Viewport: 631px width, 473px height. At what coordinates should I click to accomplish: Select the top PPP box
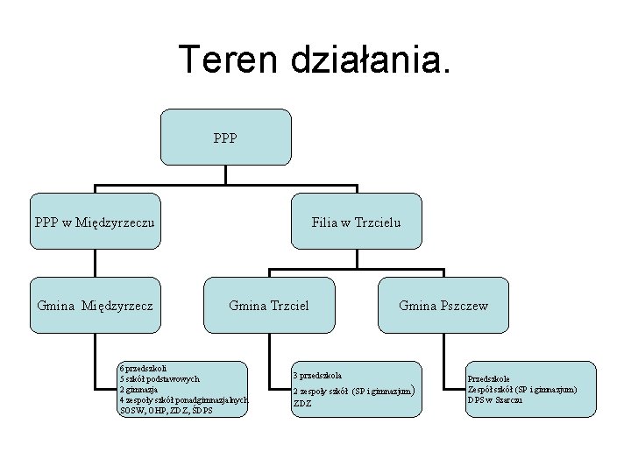[x=226, y=138]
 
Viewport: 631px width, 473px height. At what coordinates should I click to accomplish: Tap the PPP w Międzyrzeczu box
[x=95, y=222]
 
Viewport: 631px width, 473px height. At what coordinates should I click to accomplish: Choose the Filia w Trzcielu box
[x=357, y=222]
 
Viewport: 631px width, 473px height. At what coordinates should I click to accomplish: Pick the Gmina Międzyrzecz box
[x=95, y=306]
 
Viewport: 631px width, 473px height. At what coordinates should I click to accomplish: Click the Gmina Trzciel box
[x=268, y=306]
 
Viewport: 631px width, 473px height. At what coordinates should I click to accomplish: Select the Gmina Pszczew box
[x=443, y=306]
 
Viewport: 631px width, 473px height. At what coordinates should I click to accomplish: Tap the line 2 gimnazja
[x=138, y=389]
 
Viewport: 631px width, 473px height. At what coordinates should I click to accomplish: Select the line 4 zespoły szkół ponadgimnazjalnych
[x=183, y=399]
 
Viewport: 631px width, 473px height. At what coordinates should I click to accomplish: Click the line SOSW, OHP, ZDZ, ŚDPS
[x=166, y=410]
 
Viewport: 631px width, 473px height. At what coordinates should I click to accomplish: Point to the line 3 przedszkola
[x=317, y=375]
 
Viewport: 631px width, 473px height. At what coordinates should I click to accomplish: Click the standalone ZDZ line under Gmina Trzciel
[x=302, y=404]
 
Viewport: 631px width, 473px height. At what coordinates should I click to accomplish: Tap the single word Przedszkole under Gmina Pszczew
[x=489, y=378]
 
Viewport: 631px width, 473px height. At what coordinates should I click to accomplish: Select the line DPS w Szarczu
[x=495, y=399]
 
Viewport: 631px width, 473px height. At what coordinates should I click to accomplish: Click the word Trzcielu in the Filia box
[x=376, y=222]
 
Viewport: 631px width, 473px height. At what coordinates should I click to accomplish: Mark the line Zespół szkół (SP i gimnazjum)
[x=522, y=389]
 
